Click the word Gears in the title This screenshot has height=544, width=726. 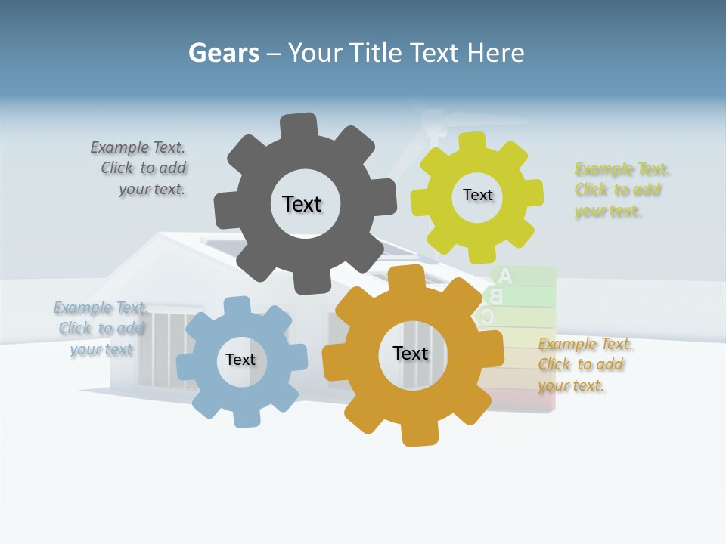(x=223, y=53)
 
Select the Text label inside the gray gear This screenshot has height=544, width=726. (x=302, y=204)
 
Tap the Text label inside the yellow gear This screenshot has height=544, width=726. (x=477, y=195)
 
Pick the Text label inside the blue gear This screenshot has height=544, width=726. (x=240, y=360)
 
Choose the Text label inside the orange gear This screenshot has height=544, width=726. (x=411, y=353)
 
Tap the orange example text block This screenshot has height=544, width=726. (x=585, y=365)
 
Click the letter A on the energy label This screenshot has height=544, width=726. (x=505, y=276)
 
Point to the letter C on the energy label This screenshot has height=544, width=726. (x=489, y=317)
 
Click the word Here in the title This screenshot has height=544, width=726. (x=495, y=53)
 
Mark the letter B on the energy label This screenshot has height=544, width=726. (x=497, y=296)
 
